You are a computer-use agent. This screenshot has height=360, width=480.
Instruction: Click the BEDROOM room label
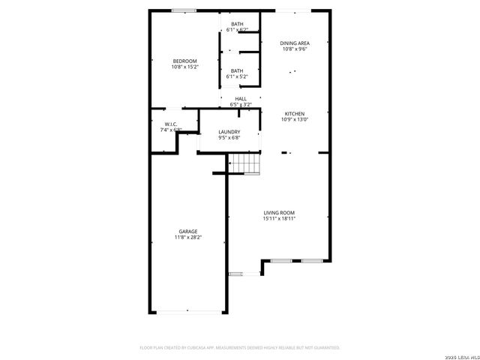click(x=184, y=61)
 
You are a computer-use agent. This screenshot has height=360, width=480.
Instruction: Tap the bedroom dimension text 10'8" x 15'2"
click(x=184, y=67)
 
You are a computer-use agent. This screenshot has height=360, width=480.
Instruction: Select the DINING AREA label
click(x=295, y=43)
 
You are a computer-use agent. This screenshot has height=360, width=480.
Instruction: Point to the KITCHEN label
click(x=294, y=113)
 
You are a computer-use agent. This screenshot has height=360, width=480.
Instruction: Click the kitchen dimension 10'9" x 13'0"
click(x=294, y=119)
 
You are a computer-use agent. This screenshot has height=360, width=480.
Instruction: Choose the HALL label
click(x=241, y=98)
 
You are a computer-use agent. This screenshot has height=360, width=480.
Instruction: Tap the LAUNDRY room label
click(x=229, y=132)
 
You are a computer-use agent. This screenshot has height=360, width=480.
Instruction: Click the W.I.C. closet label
click(x=171, y=124)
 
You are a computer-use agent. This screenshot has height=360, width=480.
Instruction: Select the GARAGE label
click(x=188, y=231)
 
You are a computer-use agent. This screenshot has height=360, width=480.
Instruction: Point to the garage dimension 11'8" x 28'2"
click(x=188, y=237)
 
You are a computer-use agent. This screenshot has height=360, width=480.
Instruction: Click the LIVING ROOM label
click(x=279, y=213)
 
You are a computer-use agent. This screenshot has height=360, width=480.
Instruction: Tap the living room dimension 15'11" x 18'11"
click(x=279, y=219)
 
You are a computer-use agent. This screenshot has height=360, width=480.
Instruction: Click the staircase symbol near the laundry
click(x=243, y=163)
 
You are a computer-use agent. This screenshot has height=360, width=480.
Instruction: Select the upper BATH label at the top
click(x=237, y=24)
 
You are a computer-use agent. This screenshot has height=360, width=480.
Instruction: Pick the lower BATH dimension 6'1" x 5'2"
click(x=237, y=76)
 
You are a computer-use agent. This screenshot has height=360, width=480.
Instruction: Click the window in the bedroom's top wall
click(x=184, y=10)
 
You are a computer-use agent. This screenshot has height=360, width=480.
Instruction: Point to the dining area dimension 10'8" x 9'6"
click(x=295, y=49)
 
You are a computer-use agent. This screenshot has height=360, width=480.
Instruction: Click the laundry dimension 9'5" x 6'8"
click(x=229, y=138)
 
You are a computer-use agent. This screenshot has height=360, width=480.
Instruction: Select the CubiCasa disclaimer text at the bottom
click(x=240, y=348)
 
